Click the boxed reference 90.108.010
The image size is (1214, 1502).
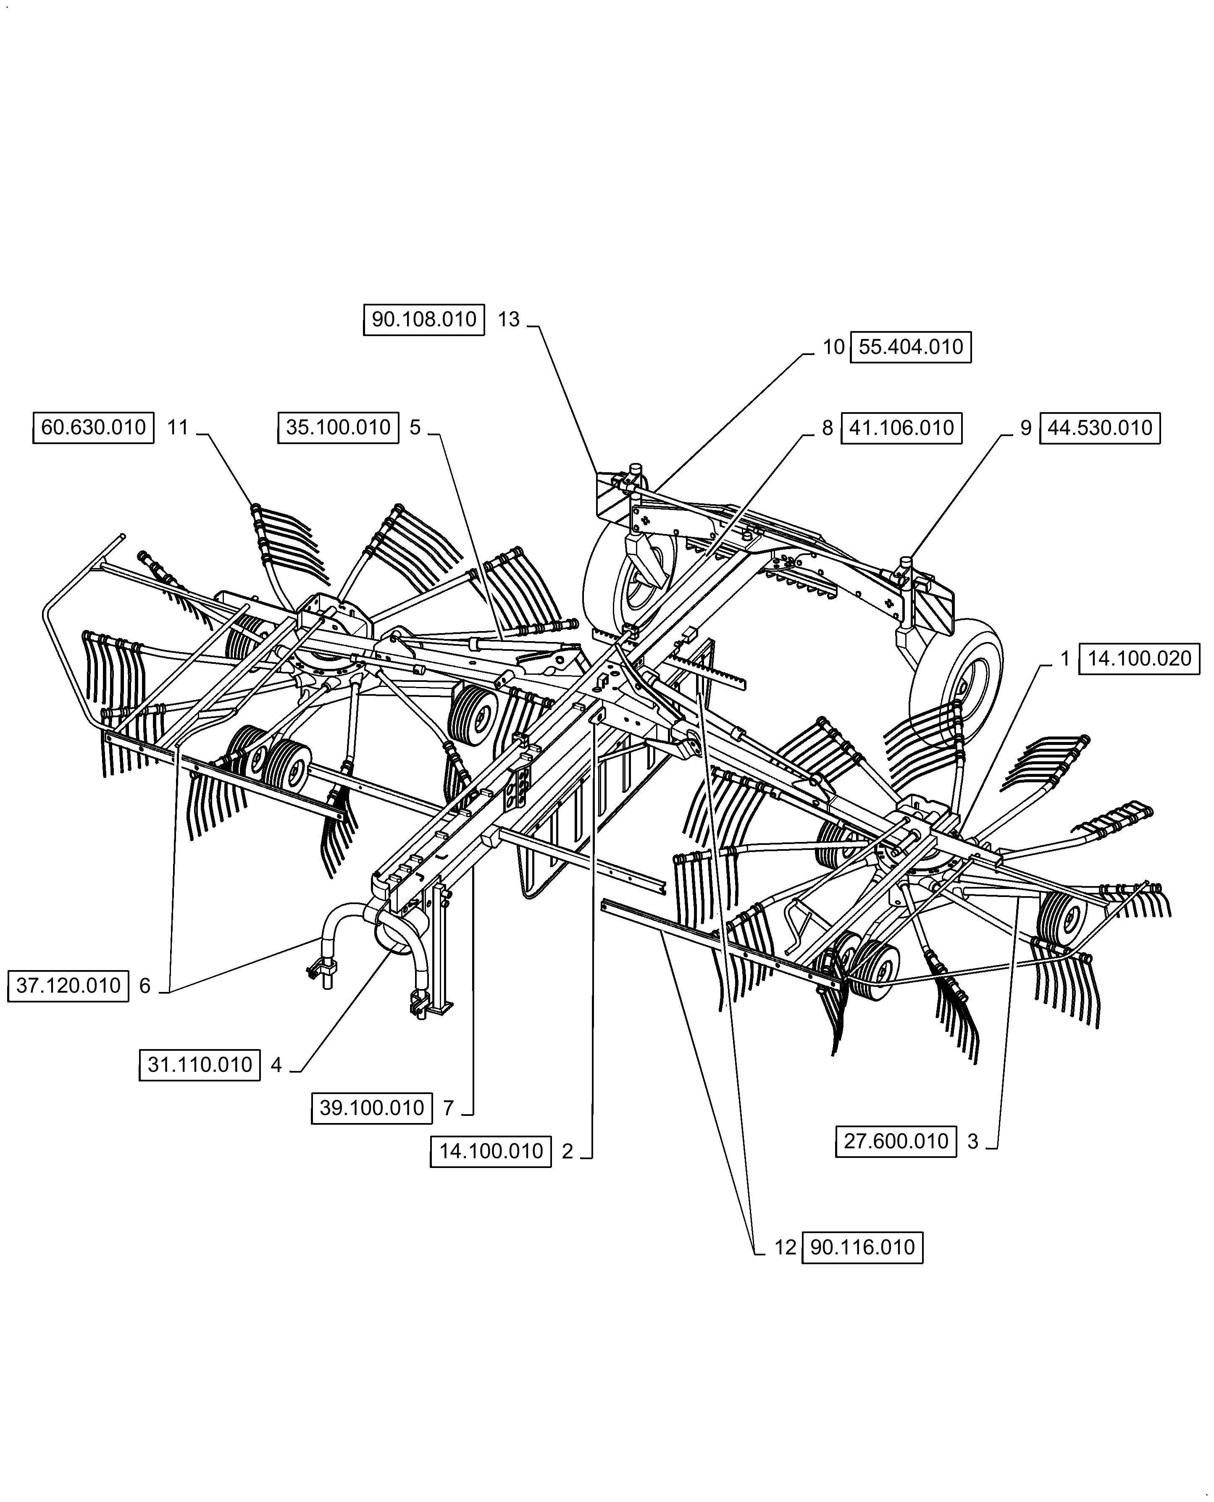click(424, 320)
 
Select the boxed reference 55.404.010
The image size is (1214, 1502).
click(911, 347)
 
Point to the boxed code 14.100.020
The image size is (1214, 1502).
click(1139, 659)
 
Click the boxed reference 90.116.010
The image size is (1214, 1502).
click(862, 1247)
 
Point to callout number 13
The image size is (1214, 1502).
click(508, 320)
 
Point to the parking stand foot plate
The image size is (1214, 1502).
click(441, 1009)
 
